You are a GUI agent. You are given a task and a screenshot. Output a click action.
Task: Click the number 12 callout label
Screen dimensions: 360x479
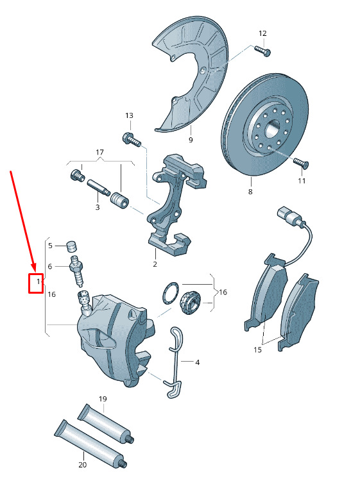pos(262,33)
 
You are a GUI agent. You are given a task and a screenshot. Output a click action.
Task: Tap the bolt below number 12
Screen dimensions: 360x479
pos(262,51)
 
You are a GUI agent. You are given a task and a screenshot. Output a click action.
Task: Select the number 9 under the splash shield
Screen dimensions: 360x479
pos(191,140)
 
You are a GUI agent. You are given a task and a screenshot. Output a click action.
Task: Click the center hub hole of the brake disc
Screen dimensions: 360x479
pos(271,129)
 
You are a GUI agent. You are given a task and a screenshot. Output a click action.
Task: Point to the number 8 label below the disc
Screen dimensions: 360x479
pos(250,192)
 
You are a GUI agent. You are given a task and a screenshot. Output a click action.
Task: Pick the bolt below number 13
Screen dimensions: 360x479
pos(132,139)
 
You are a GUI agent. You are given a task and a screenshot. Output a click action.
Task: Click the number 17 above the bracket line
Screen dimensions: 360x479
pos(99,152)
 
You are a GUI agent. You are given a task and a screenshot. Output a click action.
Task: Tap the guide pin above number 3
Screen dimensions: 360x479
pos(99,188)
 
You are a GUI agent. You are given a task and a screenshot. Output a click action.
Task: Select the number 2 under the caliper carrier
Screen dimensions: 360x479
pos(155,264)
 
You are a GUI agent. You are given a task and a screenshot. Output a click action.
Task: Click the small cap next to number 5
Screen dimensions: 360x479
pos(72,246)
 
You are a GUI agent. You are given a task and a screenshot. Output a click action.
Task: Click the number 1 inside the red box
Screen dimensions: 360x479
pos(39,282)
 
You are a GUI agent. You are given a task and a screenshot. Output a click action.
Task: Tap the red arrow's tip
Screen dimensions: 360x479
pos(36,272)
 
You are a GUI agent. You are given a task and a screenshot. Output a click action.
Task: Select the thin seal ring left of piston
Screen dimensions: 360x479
pos(170,293)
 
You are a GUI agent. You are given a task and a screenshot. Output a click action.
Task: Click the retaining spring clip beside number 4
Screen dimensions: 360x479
pos(175,362)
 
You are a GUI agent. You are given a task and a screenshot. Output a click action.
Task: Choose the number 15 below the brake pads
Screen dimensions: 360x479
pos(257,349)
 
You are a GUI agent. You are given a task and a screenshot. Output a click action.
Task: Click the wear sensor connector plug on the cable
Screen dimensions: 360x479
pos(286,215)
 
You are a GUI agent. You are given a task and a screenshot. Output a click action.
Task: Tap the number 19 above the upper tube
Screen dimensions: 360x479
pos(103,399)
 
